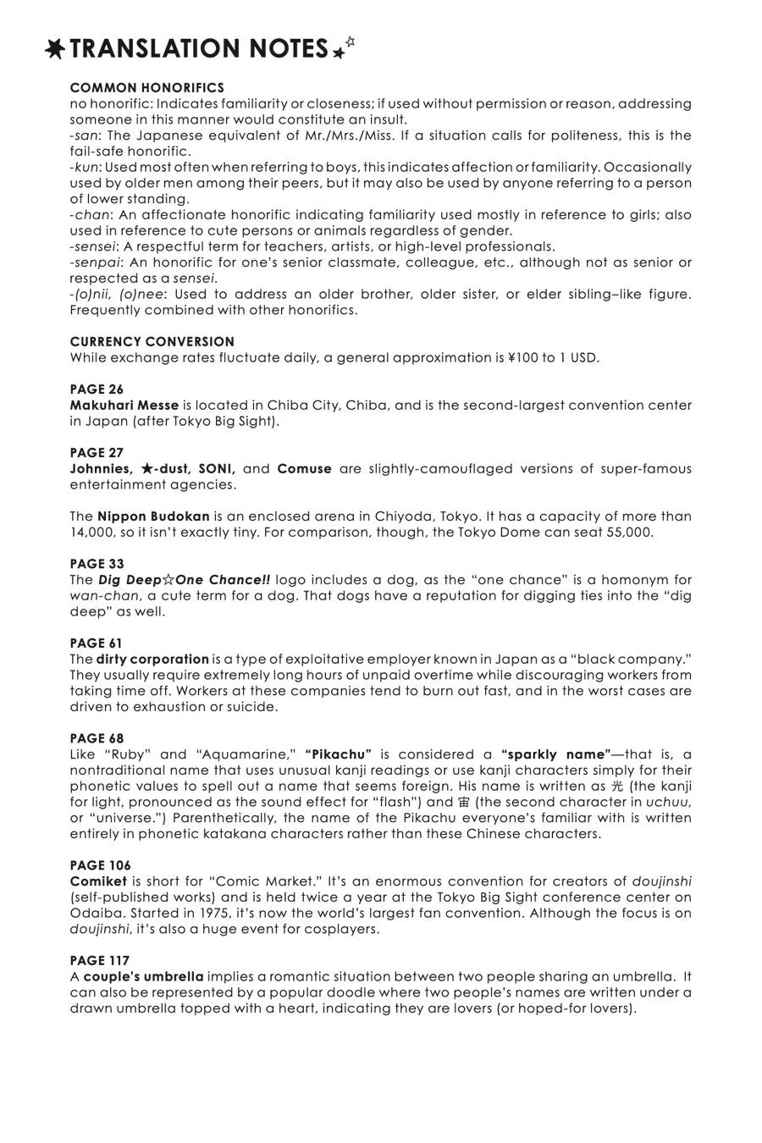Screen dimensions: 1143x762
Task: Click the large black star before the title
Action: tap(56, 49)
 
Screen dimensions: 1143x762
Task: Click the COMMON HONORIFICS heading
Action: tap(146, 88)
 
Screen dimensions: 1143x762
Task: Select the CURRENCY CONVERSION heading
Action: tap(152, 342)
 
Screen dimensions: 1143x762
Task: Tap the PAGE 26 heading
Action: tap(97, 389)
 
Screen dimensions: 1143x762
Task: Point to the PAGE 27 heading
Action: tap(97, 453)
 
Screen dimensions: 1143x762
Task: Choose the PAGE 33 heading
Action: tap(97, 564)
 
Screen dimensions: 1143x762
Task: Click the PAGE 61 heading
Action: tap(97, 643)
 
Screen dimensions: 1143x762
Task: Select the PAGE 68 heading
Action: tap(97, 738)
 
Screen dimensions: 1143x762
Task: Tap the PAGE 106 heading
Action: tap(100, 865)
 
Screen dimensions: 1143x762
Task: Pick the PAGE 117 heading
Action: tap(100, 961)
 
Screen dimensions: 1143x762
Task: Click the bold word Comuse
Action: tap(304, 469)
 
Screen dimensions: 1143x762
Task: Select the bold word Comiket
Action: tap(98, 881)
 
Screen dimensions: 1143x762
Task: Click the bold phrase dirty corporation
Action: tap(152, 660)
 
